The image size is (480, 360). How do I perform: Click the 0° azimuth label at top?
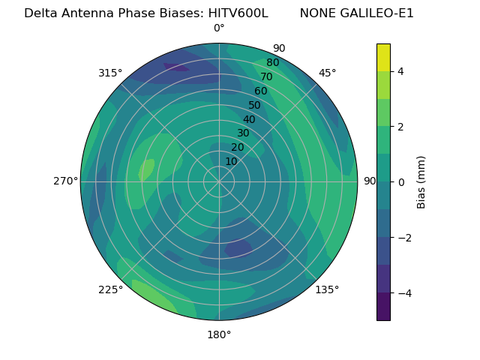click(219, 28)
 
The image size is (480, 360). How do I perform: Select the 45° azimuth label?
click(328, 73)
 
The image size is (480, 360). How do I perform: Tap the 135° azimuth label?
click(327, 289)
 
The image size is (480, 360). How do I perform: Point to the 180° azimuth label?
click(219, 334)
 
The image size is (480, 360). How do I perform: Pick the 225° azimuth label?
click(110, 289)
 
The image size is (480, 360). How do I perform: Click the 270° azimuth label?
click(66, 181)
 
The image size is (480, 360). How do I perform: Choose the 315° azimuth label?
click(110, 73)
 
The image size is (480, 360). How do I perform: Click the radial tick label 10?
click(231, 161)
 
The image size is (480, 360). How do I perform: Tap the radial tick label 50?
click(255, 105)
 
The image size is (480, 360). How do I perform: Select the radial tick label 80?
click(273, 63)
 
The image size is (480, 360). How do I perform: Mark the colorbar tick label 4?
click(400, 71)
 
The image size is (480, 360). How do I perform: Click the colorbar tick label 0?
click(400, 182)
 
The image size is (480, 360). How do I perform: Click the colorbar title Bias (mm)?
click(421, 182)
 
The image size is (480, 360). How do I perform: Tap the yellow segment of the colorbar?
click(383, 58)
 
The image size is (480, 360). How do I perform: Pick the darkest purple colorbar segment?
click(383, 307)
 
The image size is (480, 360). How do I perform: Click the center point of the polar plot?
click(219, 181)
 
